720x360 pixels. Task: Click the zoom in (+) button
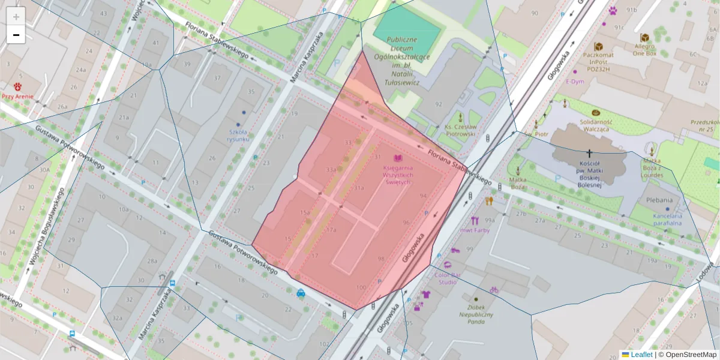[x=16, y=16]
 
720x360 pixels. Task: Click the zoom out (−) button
[x=16, y=35]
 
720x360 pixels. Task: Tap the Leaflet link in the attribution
[x=641, y=355]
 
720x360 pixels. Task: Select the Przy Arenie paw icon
[x=17, y=86]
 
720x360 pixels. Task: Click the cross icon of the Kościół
[x=590, y=154]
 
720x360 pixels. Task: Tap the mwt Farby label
[x=475, y=230]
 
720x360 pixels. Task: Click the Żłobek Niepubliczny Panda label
[x=476, y=313]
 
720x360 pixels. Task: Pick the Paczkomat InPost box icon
[x=598, y=47]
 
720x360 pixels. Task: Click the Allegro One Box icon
[x=644, y=38]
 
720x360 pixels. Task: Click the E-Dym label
[x=574, y=82]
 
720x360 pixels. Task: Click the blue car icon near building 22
[x=300, y=293]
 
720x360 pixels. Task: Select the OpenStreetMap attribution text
[x=690, y=355]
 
